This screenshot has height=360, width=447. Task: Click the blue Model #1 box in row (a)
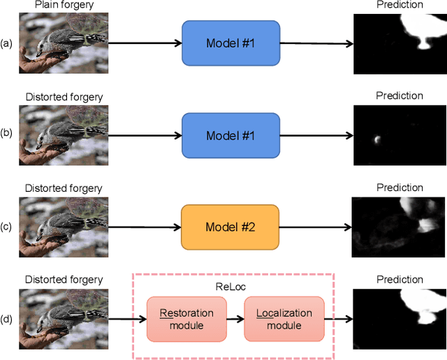pos(230,43)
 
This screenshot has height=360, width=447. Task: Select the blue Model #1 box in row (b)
pos(230,135)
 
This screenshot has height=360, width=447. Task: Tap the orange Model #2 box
pos(230,227)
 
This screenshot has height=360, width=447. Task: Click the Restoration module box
pos(186,319)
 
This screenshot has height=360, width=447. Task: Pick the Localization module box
pos(284,319)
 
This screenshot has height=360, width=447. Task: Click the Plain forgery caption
pos(64,5)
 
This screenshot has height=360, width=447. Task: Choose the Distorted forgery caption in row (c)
pos(64,188)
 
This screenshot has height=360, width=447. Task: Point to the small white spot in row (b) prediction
pos(377,139)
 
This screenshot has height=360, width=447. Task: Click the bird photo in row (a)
pos(64,43)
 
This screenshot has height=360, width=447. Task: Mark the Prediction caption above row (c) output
pos(400,188)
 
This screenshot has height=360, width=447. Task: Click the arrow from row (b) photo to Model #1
pos(145,135)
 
